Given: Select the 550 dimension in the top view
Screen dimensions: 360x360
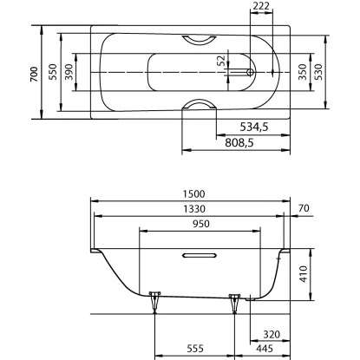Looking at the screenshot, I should tap(53, 75).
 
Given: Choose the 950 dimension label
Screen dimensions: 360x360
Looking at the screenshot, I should tap(200, 223).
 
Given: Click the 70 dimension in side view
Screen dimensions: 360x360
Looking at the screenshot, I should tap(303, 208).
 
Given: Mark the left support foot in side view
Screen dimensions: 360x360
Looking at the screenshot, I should tap(155, 300).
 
